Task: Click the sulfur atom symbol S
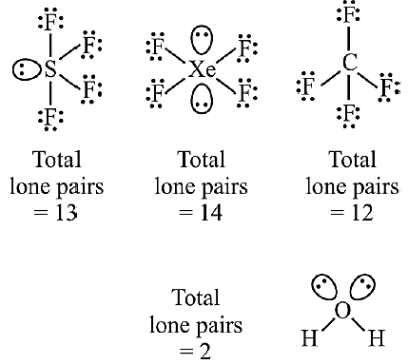(x=50, y=68)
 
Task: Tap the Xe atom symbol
(x=202, y=69)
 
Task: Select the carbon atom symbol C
(x=350, y=63)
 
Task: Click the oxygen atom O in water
(x=342, y=311)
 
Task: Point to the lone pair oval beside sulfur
(x=27, y=69)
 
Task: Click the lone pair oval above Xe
(x=202, y=41)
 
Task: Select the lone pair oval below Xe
(x=202, y=99)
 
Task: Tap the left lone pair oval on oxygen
(x=324, y=286)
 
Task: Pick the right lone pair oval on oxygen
(x=362, y=286)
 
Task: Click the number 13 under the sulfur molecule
(x=67, y=213)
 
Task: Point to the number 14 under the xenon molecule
(x=211, y=213)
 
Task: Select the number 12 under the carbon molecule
(x=362, y=213)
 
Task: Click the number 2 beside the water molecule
(x=205, y=351)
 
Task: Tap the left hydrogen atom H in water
(x=309, y=337)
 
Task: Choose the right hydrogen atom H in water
(x=377, y=337)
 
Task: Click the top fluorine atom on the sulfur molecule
(x=50, y=23)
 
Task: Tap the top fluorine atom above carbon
(x=349, y=15)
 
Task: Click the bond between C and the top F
(x=349, y=39)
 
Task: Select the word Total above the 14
(x=202, y=159)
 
